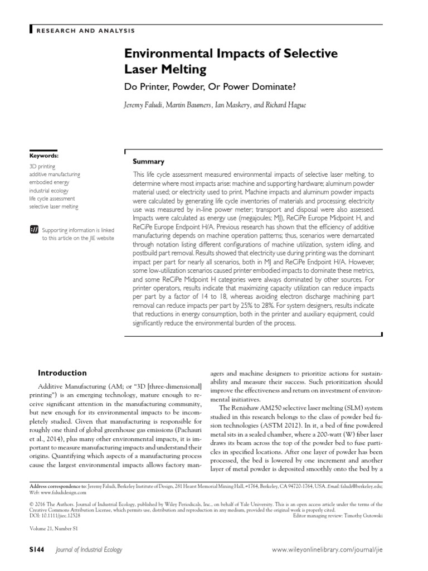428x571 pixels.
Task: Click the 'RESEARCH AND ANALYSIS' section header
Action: pos(85,30)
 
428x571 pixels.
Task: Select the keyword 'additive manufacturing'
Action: pos(54,175)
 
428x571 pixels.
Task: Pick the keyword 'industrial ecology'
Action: pos(49,191)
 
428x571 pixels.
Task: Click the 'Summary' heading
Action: pos(148,161)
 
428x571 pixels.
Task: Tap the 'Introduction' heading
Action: pos(62,373)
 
